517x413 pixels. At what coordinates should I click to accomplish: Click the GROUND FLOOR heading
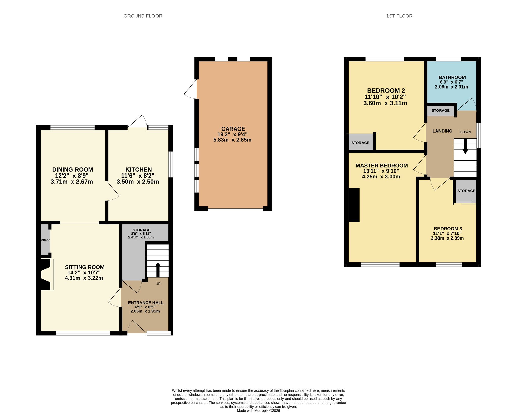[143, 16]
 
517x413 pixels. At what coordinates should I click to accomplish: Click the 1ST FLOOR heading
[399, 16]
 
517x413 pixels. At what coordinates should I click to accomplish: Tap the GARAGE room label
[233, 129]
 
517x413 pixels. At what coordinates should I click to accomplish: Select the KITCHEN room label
[139, 170]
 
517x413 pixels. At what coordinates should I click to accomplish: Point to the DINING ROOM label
[72, 170]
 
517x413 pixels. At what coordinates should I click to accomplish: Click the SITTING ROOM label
[85, 267]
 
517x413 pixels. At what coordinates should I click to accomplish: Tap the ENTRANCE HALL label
[146, 303]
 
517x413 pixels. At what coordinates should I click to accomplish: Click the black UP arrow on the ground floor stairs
[158, 270]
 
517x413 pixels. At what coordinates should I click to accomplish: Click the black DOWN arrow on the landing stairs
[465, 146]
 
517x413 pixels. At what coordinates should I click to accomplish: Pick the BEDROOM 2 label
[386, 91]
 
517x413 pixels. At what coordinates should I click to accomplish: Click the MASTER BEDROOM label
[382, 166]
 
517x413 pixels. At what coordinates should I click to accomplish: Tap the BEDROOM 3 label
[448, 229]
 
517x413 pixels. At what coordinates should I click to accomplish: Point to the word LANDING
[442, 131]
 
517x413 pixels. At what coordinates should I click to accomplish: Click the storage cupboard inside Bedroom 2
[360, 142]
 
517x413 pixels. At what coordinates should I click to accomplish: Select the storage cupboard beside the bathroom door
[441, 111]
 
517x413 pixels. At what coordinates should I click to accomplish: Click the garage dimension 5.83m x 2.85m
[232, 140]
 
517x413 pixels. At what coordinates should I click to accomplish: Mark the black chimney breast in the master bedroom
[354, 205]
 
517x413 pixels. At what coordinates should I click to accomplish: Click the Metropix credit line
[258, 411]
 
